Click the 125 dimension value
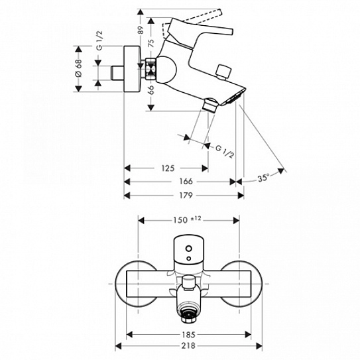coord(168,168)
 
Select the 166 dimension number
coord(186,182)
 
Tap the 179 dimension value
coord(186,196)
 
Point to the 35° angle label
coord(263,178)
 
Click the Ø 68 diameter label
coord(78,68)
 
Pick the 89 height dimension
coord(141,30)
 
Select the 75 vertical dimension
coord(151,43)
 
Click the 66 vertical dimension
coord(151,90)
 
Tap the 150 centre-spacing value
coord(180,220)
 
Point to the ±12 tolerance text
coord(196,219)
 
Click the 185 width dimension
coord(188,335)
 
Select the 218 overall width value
coord(188,345)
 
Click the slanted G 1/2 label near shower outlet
coord(225,152)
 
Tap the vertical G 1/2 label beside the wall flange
coord(99,40)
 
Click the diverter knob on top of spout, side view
coord(223,72)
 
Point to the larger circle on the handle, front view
coord(189,249)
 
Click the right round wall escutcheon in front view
coord(241,284)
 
